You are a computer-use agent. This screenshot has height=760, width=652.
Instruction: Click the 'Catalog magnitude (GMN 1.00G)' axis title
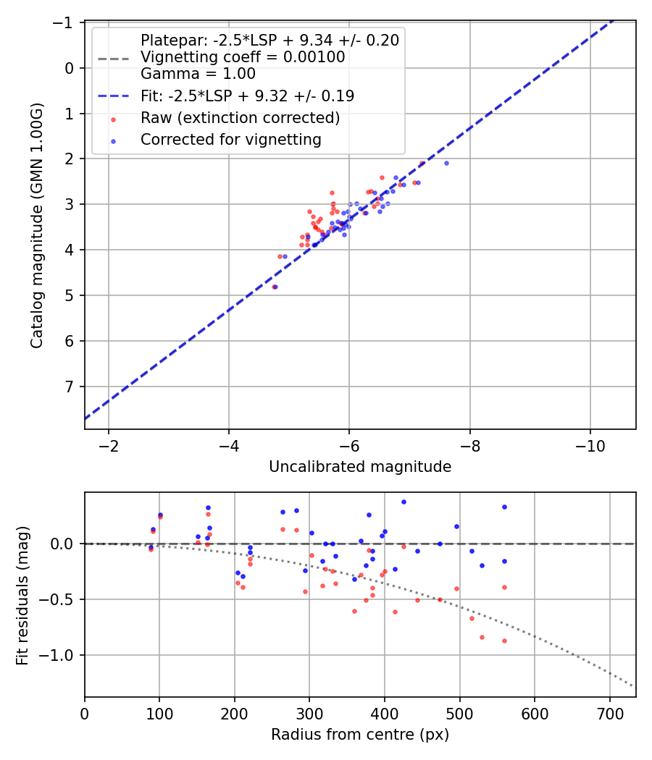tap(36, 226)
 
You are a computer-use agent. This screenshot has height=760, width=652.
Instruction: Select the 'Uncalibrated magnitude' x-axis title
tap(360, 467)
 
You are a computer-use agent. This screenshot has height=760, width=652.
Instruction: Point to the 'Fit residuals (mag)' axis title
tap(22, 594)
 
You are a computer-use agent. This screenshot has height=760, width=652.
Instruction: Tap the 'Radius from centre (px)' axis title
tap(360, 735)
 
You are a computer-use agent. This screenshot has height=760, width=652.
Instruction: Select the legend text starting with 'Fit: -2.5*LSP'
tap(247, 95)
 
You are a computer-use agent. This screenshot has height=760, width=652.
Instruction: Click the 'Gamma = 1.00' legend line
tap(198, 73)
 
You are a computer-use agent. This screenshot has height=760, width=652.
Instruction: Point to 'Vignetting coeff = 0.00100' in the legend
tap(243, 56)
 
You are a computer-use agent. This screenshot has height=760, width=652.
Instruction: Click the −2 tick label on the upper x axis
tap(109, 444)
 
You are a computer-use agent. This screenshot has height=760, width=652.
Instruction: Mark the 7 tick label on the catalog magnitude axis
tap(70, 387)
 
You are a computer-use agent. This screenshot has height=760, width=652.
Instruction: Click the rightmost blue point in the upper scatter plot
tap(446, 163)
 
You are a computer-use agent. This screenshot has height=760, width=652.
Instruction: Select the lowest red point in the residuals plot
tap(504, 641)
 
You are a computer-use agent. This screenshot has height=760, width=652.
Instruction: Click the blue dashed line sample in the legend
tap(113, 95)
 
